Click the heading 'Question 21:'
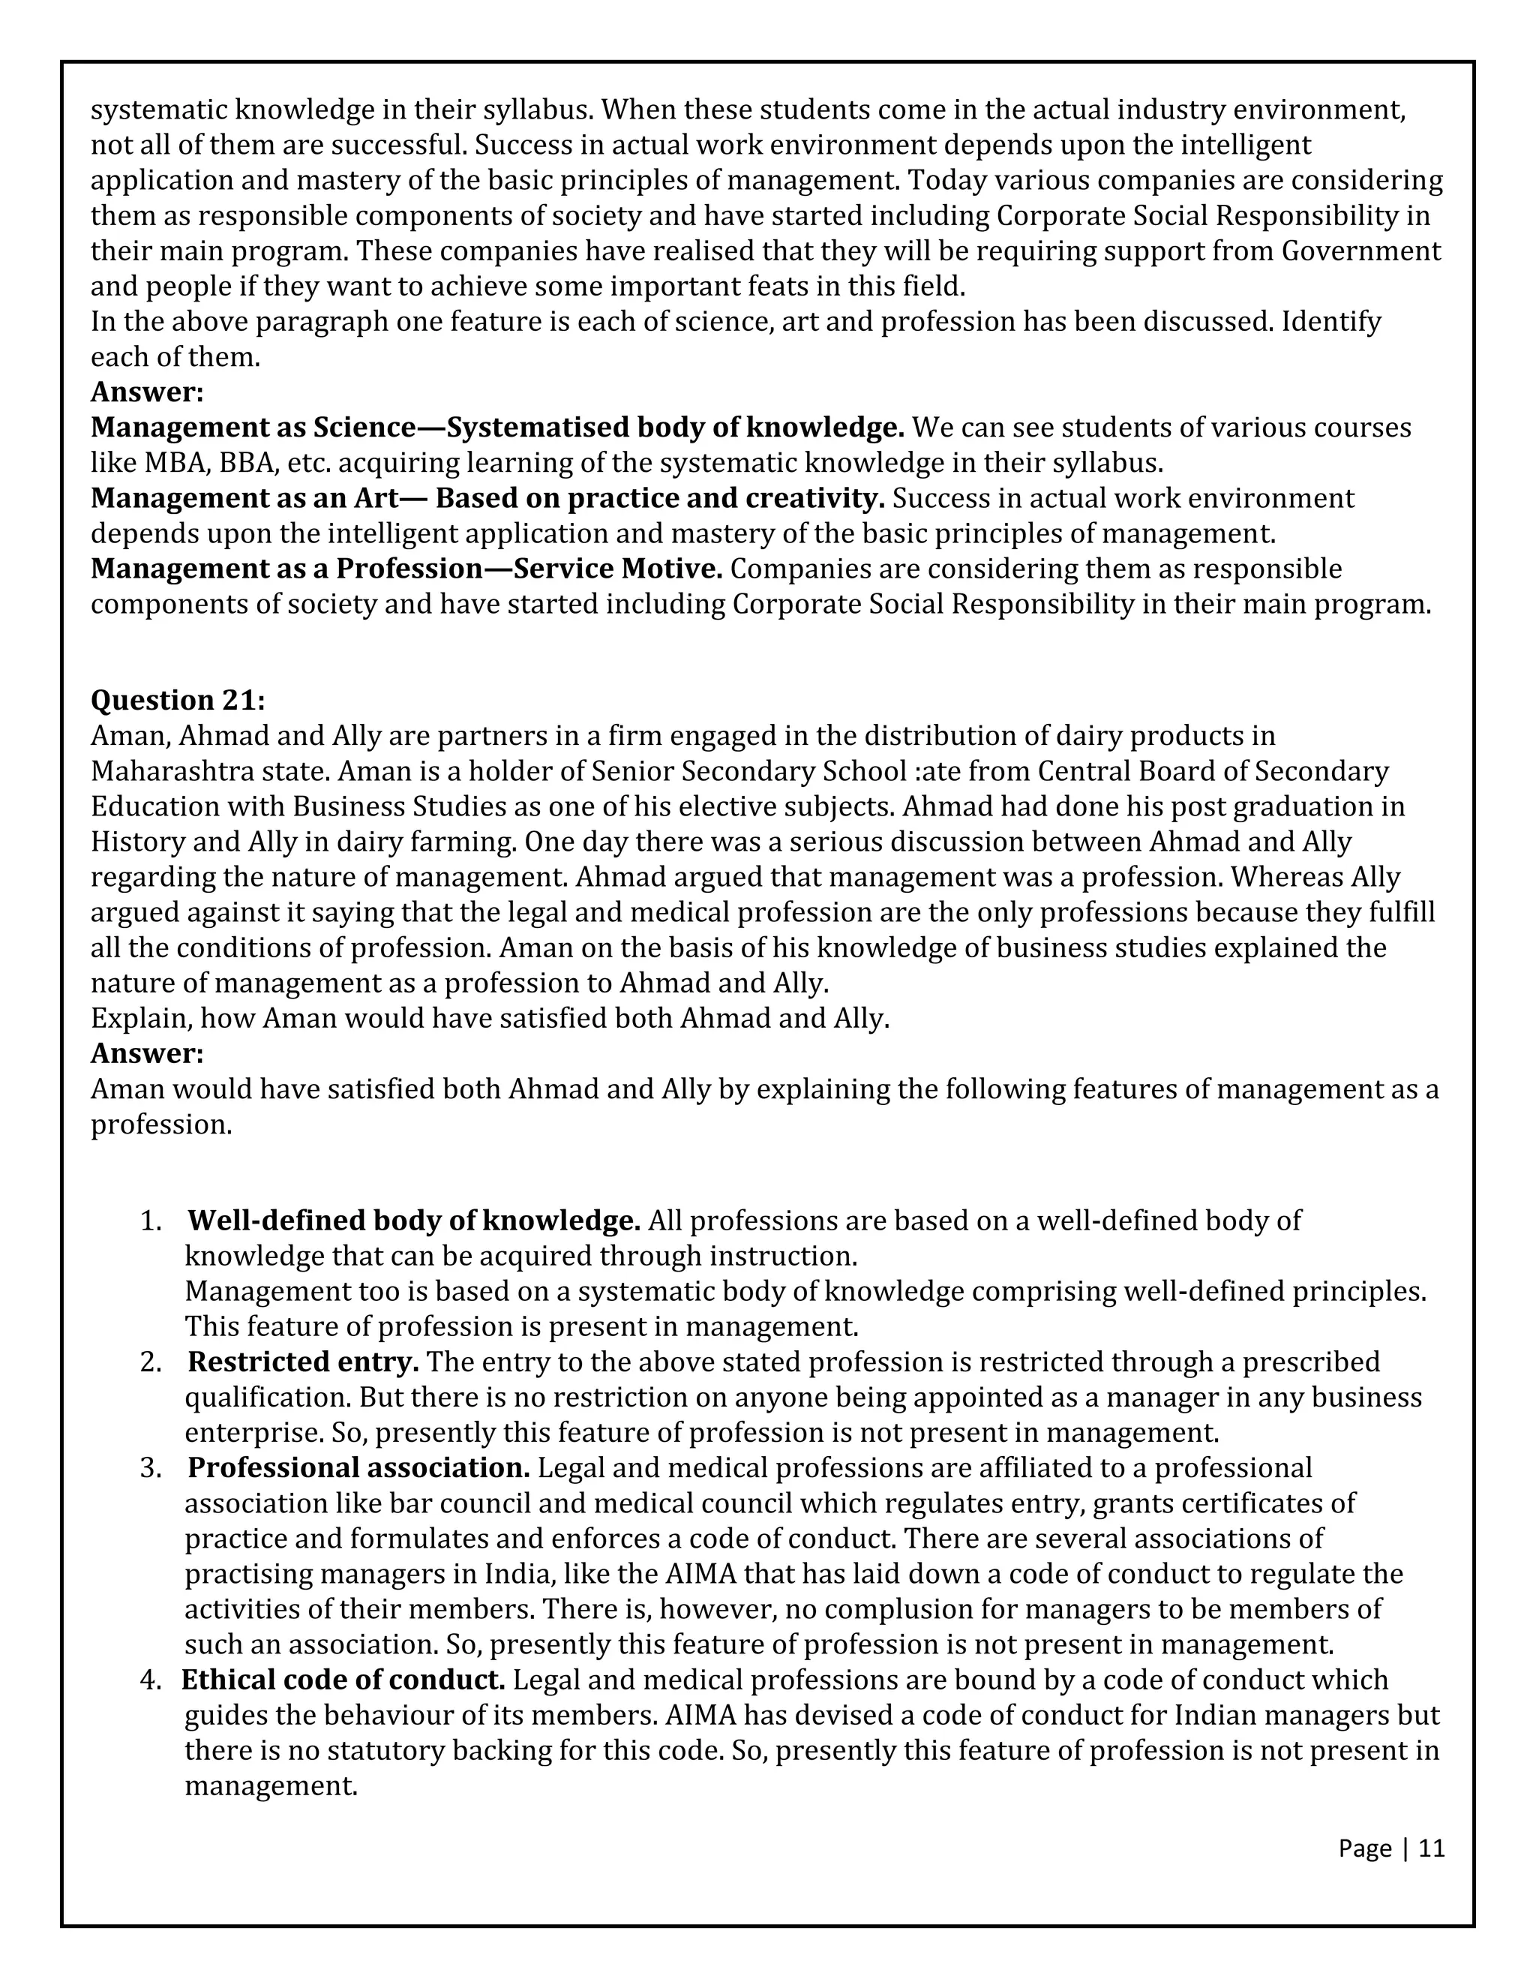pyautogui.click(x=178, y=700)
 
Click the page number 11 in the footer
pyautogui.click(x=1431, y=1848)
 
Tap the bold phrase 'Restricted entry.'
pyautogui.click(x=303, y=1362)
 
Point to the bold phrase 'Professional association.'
pyautogui.click(x=358, y=1467)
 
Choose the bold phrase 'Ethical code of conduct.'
pyautogui.click(x=343, y=1680)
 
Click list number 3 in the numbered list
pyautogui.click(x=150, y=1468)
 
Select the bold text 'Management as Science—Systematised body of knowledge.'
pyautogui.click(x=496, y=427)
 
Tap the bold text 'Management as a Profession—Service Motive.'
pyautogui.click(x=406, y=569)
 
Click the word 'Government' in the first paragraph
pyautogui.click(x=1361, y=251)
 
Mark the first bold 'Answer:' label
pyautogui.click(x=146, y=392)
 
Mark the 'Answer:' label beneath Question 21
pyautogui.click(x=146, y=1053)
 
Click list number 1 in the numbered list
pyautogui.click(x=150, y=1221)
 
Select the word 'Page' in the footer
pyautogui.click(x=1365, y=1848)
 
